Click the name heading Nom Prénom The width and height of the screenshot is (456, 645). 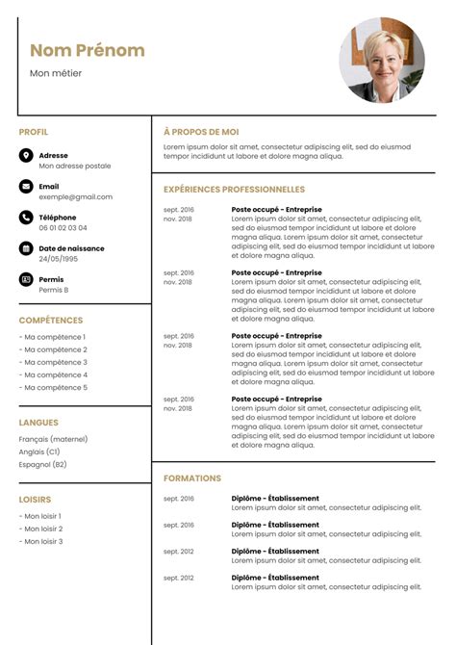point(88,50)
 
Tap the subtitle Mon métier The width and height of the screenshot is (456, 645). point(56,73)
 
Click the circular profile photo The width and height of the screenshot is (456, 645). point(382,60)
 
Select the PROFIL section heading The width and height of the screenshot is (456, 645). point(34,132)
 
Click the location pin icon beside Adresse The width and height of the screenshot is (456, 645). point(26,155)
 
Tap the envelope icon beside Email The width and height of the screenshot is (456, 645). point(26,187)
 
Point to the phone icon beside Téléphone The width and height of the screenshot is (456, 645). point(26,218)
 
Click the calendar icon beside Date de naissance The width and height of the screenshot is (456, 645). point(26,248)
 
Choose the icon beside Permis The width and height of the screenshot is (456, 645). point(26,279)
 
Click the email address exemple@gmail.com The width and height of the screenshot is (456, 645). point(75,196)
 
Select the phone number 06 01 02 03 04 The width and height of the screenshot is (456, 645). point(63,228)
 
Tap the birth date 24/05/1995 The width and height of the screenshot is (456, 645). point(59,259)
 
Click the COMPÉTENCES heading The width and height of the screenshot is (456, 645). point(51,321)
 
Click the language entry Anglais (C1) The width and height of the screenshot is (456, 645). point(39,451)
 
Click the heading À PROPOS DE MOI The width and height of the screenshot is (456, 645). point(201,132)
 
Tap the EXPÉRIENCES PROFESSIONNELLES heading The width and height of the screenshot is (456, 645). point(234,190)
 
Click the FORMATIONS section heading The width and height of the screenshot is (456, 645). point(192,478)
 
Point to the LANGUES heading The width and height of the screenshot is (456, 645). point(38,423)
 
